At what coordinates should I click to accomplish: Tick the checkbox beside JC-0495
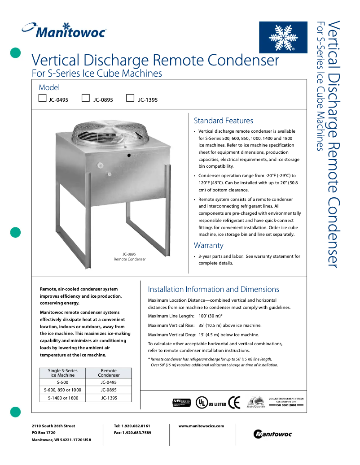point(43,99)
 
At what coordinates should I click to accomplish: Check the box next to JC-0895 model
point(86,99)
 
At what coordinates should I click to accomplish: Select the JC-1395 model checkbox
point(131,99)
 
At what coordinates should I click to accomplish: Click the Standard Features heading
point(223,121)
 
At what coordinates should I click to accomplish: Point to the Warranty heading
point(208,245)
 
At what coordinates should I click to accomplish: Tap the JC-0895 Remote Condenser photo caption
point(130,256)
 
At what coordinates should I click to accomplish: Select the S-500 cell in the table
point(63,382)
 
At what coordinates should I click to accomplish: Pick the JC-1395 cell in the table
point(109,398)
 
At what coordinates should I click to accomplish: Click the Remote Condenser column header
point(109,373)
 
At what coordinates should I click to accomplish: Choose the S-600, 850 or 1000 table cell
point(63,390)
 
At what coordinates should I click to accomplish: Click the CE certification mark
point(234,402)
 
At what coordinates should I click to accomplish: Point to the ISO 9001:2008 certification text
point(286,404)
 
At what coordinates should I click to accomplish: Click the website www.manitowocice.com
point(201,426)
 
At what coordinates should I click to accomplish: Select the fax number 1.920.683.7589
point(132,433)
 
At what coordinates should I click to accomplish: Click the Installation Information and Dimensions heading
point(214,289)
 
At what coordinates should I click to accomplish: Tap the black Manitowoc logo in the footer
point(272,434)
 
